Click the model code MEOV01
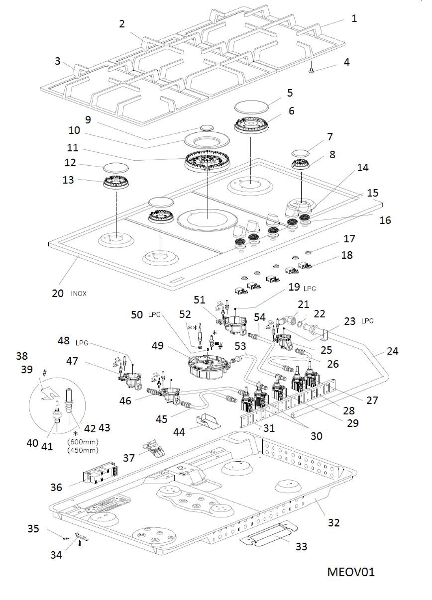(x=351, y=571)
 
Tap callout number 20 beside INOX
(x=58, y=293)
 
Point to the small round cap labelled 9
(x=206, y=128)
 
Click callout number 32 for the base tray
(x=333, y=523)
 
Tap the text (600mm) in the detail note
(x=83, y=442)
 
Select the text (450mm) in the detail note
(x=83, y=450)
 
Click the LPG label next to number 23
(x=367, y=321)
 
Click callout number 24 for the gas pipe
(x=392, y=351)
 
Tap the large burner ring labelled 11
(x=207, y=161)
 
